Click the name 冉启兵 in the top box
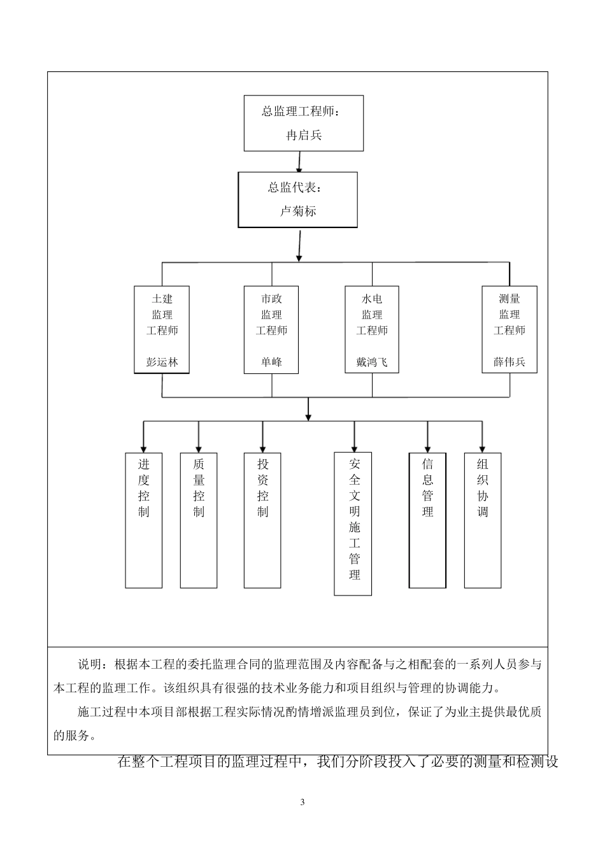pos(304,135)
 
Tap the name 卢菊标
pos(298,211)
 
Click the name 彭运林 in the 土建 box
pos(162,362)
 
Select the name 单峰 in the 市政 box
pos(271,362)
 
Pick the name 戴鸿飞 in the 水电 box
pos(372,362)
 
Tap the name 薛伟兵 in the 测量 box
pos(509,362)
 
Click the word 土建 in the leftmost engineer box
pos(162,299)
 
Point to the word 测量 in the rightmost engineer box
pos(509,299)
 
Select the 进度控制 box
pos(144,520)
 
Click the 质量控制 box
pos(199,520)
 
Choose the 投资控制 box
pos(262,520)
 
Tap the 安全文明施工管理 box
pos(353,524)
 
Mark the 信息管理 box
pos(427,520)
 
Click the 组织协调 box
pos(483,520)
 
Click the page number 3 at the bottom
pos(302,802)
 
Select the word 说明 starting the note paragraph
pos(89,665)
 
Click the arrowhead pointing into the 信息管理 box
pos(427,447)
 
